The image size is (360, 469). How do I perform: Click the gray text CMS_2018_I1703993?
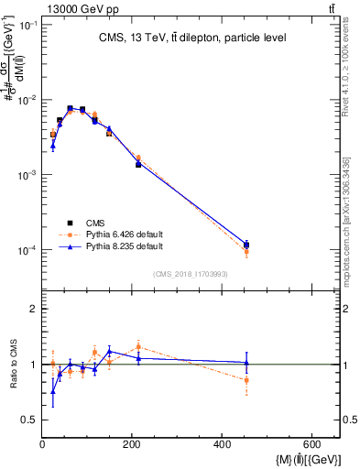(191, 274)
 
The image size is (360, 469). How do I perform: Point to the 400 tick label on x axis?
(222, 445)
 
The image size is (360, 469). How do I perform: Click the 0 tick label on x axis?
(43, 445)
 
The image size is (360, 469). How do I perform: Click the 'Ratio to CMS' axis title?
(12, 364)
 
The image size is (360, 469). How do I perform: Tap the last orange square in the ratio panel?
(246, 380)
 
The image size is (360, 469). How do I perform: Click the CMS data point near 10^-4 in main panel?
(246, 245)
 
